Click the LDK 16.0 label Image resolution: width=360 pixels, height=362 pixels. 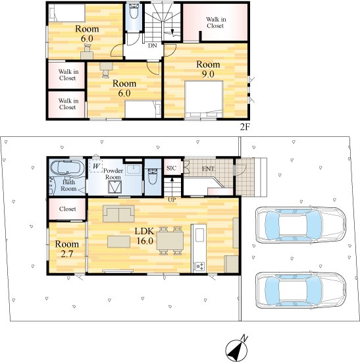pos(145,236)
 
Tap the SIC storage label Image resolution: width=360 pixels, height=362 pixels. pos(171,168)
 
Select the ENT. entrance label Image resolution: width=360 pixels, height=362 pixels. pos(208,168)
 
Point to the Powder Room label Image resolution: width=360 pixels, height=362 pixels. pos(113,174)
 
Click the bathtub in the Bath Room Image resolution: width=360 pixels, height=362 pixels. pos(67,167)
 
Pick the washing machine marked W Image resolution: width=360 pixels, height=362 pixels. pos(96,165)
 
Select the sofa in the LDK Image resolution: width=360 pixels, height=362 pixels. pos(118,214)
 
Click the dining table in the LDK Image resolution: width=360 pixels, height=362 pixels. pos(170,241)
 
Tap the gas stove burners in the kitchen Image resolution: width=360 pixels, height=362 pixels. pos(200,266)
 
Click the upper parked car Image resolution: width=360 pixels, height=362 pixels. pos(301,225)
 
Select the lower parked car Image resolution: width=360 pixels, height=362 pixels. pos(301,290)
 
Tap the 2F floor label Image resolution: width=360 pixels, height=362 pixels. pos(245,127)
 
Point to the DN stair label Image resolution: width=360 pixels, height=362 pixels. pos(153,45)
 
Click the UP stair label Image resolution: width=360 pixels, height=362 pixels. pos(172,200)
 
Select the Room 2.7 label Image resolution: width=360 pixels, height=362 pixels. pos(67,249)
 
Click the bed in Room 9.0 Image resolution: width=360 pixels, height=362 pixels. pos(204,99)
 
